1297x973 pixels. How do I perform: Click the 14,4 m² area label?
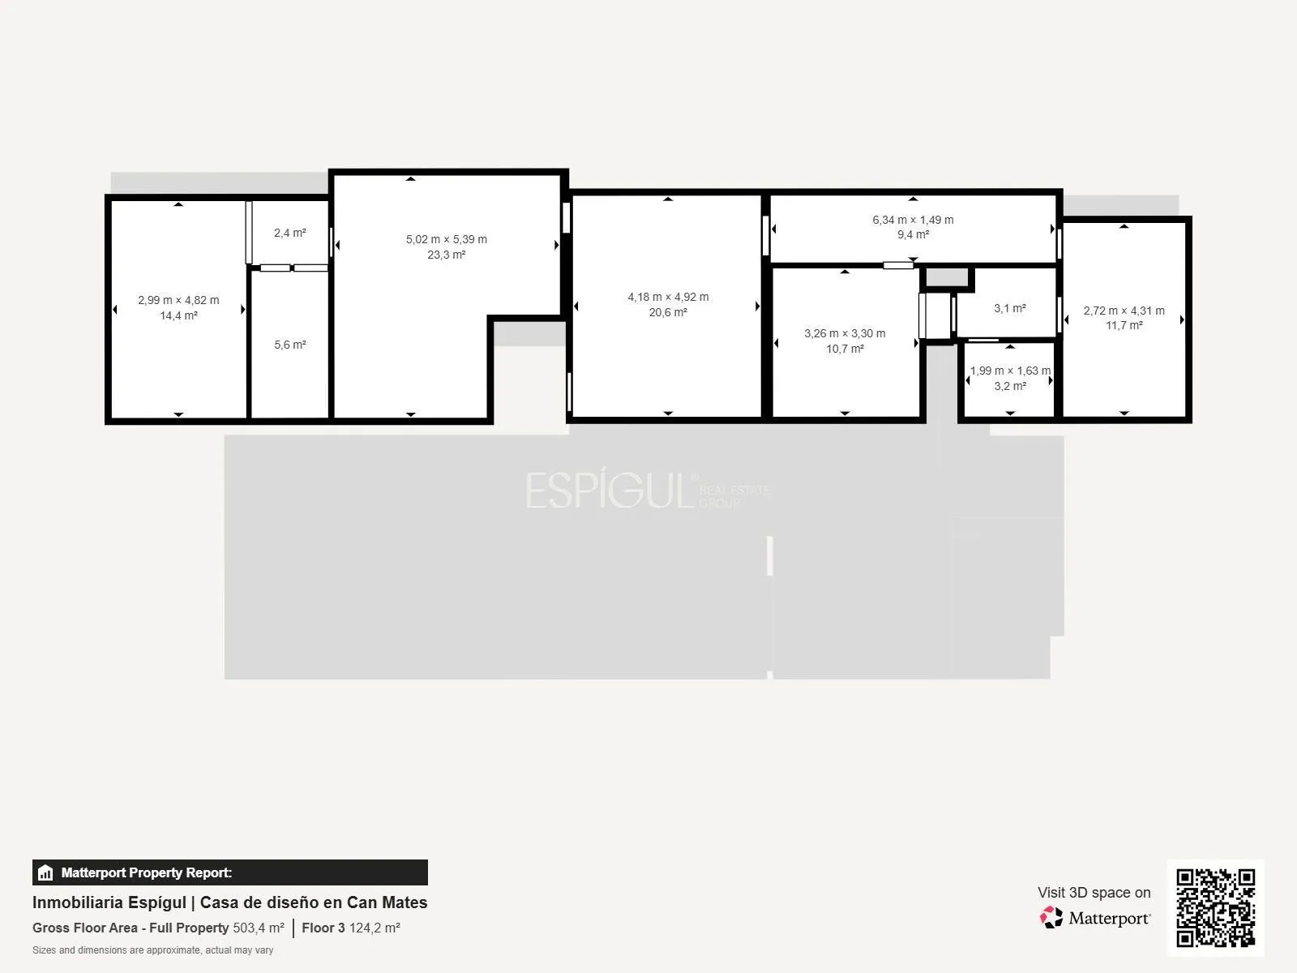(178, 315)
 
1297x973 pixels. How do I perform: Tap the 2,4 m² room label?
(290, 233)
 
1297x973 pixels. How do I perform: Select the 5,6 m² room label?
(290, 345)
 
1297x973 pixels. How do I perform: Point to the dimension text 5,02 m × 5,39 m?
(446, 239)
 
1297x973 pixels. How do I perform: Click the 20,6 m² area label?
(668, 312)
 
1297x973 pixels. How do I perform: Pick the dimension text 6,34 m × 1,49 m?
(913, 220)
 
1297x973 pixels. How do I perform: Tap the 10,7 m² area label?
(845, 349)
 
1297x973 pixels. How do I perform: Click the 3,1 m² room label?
(1010, 308)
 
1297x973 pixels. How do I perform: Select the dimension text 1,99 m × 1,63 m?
(1010, 371)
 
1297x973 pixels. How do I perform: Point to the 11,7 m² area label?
(1124, 325)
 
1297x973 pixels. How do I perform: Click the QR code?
(1215, 907)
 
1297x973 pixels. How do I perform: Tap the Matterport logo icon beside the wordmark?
(1051, 918)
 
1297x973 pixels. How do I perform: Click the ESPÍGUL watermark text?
(610, 490)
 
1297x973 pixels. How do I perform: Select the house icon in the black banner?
(45, 872)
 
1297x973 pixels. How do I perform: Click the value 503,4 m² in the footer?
(259, 928)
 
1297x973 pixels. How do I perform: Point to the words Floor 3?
(323, 928)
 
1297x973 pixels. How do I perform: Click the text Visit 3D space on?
(1094, 892)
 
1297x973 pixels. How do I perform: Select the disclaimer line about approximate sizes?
(153, 950)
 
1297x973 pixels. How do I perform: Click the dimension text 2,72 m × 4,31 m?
(1124, 311)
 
